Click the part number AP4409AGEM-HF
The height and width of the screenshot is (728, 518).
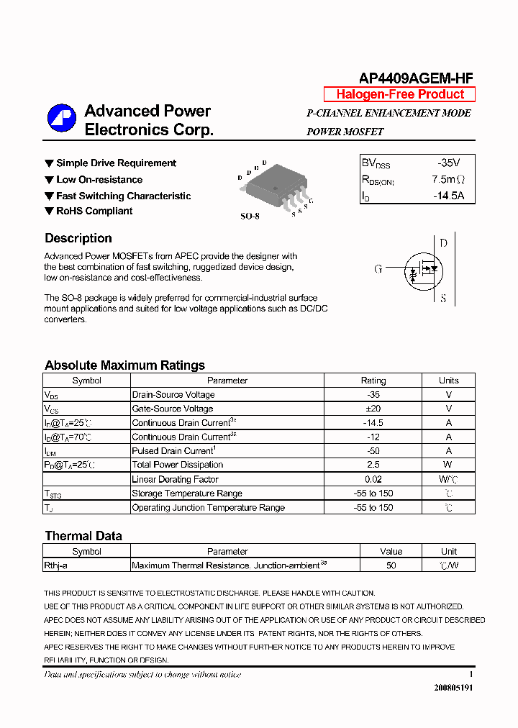[416, 78]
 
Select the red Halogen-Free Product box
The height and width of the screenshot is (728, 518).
[400, 94]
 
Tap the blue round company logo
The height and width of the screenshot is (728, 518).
[62, 119]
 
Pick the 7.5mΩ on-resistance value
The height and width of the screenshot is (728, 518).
[448, 180]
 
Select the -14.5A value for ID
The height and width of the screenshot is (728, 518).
[448, 196]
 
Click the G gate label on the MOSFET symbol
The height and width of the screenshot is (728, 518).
[378, 269]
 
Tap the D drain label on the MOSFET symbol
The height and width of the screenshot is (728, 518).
[443, 243]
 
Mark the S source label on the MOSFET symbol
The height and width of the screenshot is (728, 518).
[443, 298]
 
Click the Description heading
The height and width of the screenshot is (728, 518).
[78, 238]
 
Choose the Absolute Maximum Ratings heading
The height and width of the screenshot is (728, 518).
[124, 365]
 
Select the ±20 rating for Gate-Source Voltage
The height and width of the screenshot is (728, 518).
[373, 409]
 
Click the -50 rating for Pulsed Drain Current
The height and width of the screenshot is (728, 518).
[373, 451]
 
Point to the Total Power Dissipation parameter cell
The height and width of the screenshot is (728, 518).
[178, 465]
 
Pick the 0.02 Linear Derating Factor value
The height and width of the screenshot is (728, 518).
[373, 479]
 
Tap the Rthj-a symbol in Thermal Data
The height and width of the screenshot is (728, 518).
[56, 565]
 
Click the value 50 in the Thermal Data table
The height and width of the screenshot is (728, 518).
[391, 565]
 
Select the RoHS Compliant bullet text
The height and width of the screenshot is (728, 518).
[94, 211]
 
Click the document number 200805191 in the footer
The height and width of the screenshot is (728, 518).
[453, 688]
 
